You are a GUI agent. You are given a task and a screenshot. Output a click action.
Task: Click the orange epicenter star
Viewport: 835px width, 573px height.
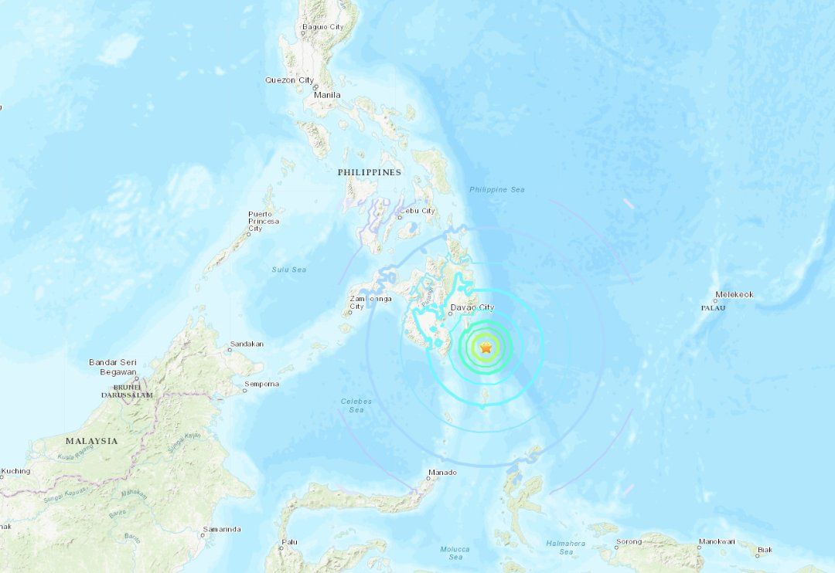tap(486, 348)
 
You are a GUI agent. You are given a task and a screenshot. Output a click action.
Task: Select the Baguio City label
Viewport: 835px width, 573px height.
tap(322, 27)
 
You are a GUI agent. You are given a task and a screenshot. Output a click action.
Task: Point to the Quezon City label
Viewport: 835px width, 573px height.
tap(289, 80)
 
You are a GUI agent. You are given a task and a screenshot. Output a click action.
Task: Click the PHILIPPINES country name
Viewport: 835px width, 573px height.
tap(369, 172)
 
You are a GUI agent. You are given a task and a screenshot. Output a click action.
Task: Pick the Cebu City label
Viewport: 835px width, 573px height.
tap(417, 211)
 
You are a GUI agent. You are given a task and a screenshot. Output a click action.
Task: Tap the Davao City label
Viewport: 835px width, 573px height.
tap(472, 307)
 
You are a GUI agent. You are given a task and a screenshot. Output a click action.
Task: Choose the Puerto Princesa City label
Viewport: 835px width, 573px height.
tap(264, 221)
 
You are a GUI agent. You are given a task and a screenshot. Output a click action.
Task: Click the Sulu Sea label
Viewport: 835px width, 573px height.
tap(288, 270)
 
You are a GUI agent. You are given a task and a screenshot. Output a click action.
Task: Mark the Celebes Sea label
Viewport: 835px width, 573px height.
tap(356, 405)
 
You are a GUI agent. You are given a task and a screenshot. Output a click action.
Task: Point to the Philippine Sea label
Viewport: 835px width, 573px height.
tap(497, 189)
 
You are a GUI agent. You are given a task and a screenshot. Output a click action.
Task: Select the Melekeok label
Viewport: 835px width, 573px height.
tap(734, 294)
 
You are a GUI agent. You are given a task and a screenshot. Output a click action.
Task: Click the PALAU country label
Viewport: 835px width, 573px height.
tap(712, 307)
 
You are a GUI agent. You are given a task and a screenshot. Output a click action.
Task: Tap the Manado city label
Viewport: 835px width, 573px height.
tap(441, 473)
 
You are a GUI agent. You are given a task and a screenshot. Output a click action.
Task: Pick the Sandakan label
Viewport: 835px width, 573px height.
tap(247, 344)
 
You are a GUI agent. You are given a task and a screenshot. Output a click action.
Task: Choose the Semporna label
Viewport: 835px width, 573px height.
tap(261, 384)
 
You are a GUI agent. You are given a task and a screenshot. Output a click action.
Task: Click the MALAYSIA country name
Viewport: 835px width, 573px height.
tap(92, 441)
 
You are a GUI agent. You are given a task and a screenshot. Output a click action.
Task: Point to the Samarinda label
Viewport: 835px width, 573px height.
tap(221, 530)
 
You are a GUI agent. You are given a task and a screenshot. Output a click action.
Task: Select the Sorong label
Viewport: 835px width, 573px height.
tap(629, 541)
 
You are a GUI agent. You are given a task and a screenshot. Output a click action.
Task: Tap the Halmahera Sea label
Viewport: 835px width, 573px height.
tap(566, 548)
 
